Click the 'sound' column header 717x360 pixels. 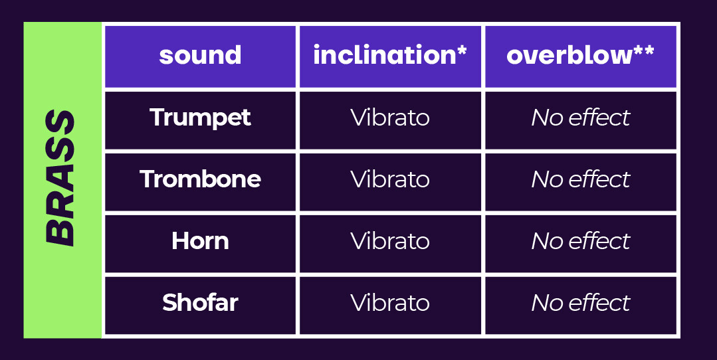pos(200,55)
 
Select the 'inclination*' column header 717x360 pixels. pos(390,55)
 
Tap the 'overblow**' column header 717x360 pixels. pos(580,55)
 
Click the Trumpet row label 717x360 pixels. pos(200,118)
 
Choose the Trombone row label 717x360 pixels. pos(200,179)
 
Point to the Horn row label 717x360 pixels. pos(200,240)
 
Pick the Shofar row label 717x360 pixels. pos(200,302)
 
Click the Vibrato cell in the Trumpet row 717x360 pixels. pos(390,118)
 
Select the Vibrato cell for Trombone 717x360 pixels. pos(390,179)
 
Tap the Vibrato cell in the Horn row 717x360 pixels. pos(390,240)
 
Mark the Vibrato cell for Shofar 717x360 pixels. pos(390,302)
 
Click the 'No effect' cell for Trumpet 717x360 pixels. pos(581,118)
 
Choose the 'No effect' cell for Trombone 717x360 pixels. pos(581,179)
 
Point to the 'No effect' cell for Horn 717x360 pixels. pos(581,240)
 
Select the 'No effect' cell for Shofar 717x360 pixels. pos(581,302)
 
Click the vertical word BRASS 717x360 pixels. pos(60,178)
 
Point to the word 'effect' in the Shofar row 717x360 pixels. pos(599,302)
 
